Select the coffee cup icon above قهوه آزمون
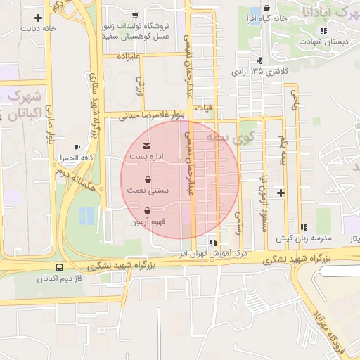point(147,210)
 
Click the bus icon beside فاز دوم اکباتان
point(58,268)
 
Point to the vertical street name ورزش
point(140,87)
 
